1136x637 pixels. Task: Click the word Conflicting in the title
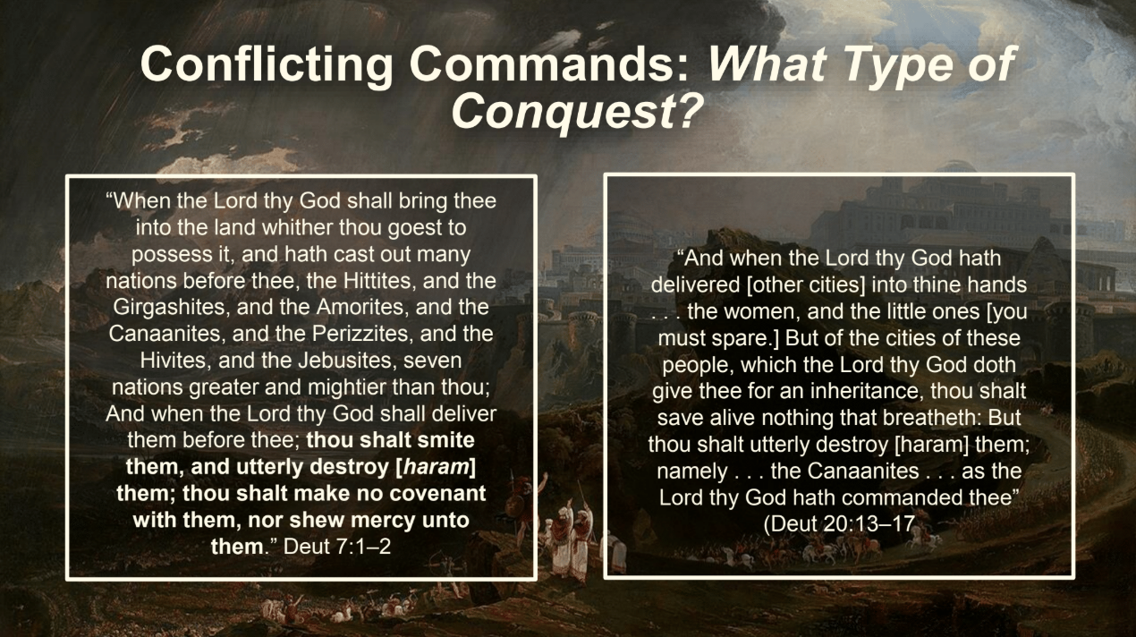(x=267, y=65)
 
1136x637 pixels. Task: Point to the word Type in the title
(x=894, y=66)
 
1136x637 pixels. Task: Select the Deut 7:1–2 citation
(x=337, y=547)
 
